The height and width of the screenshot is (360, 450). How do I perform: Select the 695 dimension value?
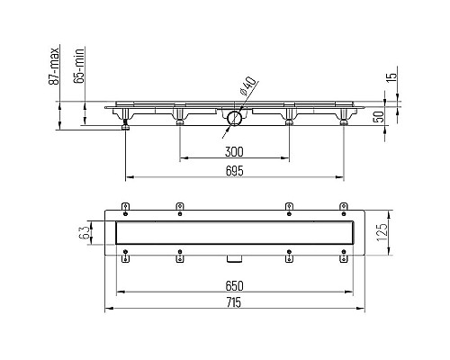coord(235,168)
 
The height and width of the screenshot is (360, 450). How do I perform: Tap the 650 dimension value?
coord(235,286)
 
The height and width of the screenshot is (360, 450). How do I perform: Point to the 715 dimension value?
coord(235,303)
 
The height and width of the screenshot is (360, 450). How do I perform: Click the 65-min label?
coord(78,69)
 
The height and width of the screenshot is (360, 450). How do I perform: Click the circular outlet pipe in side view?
coord(233,117)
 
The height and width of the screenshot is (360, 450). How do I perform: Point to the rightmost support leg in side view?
coord(343,120)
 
